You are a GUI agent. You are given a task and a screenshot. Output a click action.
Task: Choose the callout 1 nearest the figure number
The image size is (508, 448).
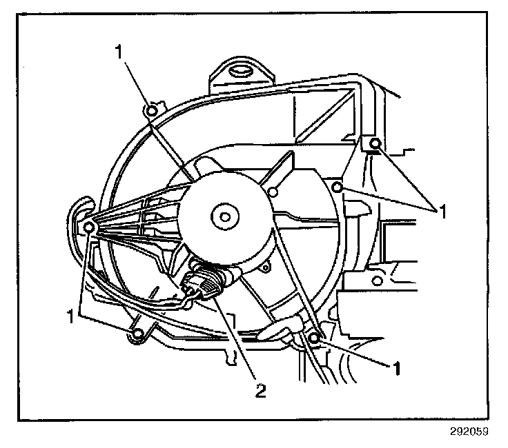tap(397, 368)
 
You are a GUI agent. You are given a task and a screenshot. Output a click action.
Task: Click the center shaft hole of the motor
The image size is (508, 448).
tap(224, 216)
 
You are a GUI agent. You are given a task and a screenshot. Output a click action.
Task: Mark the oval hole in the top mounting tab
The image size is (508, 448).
tap(239, 70)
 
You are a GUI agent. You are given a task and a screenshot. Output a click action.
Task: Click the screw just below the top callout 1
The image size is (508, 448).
tap(153, 108)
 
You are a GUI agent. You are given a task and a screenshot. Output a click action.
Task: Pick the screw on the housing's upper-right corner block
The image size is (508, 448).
tap(375, 143)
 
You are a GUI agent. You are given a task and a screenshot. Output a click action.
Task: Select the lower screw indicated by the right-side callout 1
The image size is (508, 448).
tap(338, 187)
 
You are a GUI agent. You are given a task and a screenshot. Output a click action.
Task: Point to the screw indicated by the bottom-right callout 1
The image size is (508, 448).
tap(314, 338)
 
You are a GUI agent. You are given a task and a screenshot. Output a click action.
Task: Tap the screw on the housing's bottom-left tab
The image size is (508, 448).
tap(137, 335)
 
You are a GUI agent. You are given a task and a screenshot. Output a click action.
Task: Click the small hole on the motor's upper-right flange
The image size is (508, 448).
tap(274, 191)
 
